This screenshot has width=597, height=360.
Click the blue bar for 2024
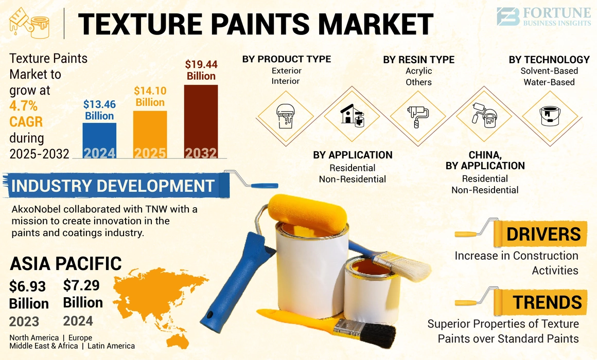coord(99,140)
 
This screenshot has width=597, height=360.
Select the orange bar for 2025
coord(150,135)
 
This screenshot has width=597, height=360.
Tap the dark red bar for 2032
coord(201,121)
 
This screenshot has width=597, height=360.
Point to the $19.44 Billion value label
coord(201,70)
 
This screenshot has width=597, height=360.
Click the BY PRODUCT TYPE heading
coord(287,59)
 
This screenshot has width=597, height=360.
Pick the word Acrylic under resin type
coord(418,71)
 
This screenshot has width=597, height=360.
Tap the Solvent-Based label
coord(549,71)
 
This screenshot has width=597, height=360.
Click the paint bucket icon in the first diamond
coord(285,115)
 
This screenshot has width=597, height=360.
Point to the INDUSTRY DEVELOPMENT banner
coord(113,186)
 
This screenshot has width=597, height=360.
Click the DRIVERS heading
coord(543,234)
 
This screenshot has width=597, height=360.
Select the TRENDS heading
coord(548,302)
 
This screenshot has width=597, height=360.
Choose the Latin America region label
coord(111,346)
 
